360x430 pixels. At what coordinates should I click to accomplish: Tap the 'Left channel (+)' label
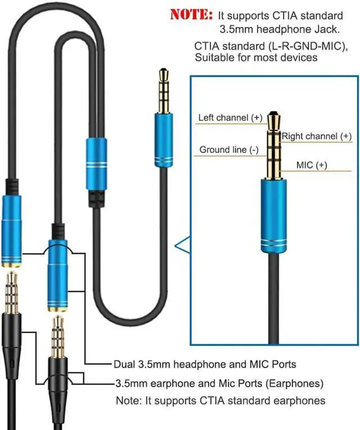[230, 118]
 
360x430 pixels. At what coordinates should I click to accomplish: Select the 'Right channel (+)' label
[317, 136]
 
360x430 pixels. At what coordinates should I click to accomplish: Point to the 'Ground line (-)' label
[229, 150]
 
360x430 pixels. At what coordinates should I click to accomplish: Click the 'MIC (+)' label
[312, 165]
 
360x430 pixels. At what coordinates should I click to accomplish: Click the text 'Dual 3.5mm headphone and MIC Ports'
[205, 364]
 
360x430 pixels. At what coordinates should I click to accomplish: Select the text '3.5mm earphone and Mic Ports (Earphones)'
[219, 383]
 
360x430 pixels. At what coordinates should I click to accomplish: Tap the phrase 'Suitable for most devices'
[256, 57]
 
